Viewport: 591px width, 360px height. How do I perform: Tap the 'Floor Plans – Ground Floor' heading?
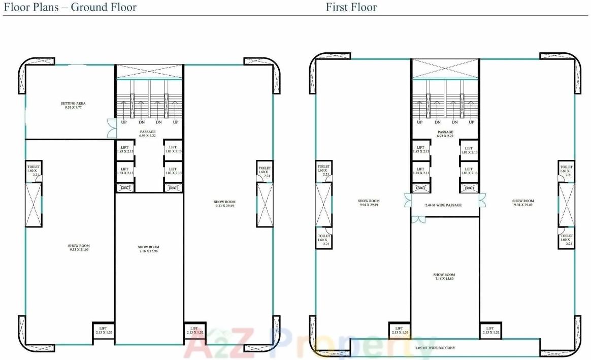click(71, 7)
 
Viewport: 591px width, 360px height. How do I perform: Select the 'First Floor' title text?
click(351, 7)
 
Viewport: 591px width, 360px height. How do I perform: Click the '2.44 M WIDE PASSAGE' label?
click(443, 205)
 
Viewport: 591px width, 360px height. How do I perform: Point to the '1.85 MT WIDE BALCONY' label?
click(435, 348)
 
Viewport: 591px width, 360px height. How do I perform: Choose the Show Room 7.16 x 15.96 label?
click(149, 249)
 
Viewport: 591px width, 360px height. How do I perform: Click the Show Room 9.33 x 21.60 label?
click(79, 248)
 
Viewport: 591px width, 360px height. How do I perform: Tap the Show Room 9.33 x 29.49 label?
click(224, 204)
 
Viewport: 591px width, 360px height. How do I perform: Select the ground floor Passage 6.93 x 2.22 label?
click(148, 134)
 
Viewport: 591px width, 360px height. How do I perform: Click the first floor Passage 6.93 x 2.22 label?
click(445, 134)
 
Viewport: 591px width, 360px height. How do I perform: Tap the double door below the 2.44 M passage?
click(418, 219)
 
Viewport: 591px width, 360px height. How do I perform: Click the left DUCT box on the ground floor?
click(125, 188)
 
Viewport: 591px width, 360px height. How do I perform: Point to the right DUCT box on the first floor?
click(469, 188)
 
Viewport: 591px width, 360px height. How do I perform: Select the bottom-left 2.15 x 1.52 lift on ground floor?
click(103, 331)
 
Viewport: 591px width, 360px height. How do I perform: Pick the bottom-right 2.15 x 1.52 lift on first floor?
click(490, 331)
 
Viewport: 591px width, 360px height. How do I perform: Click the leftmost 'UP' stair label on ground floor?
click(123, 122)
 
